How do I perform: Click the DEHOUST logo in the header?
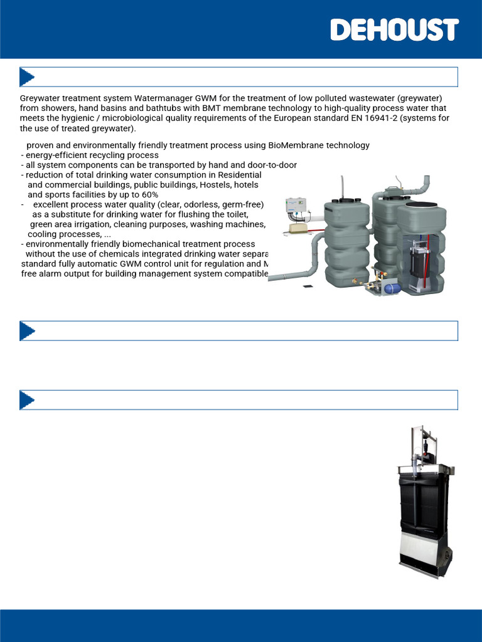coord(394,29)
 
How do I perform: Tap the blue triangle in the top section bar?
coord(27,77)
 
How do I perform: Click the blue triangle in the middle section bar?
coord(27,331)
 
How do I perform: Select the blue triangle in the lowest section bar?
coord(27,400)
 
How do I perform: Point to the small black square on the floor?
coord(308,287)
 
